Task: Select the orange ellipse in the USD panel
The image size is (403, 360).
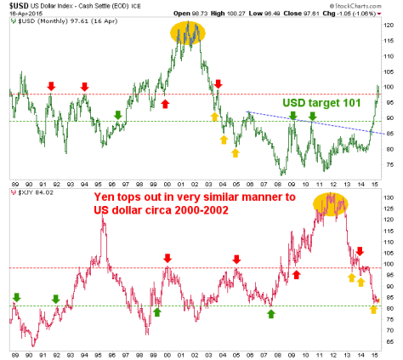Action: pyautogui.click(x=185, y=32)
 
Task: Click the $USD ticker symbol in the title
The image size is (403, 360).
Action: pyautogui.click(x=17, y=5)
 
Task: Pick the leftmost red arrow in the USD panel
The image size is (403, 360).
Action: pyautogui.click(x=51, y=87)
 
